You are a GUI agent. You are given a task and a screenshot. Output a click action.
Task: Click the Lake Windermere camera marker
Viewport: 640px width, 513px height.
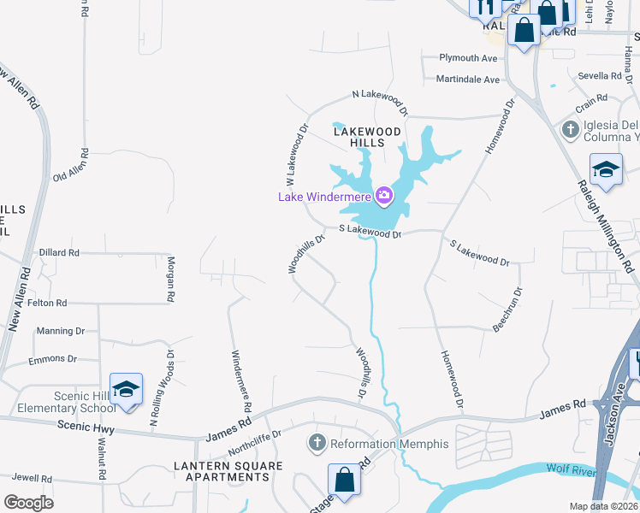coord(383,197)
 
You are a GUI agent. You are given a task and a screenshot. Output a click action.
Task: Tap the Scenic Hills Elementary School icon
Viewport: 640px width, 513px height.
coord(126,390)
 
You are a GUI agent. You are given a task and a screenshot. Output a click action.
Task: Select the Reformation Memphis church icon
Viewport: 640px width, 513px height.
coord(317,444)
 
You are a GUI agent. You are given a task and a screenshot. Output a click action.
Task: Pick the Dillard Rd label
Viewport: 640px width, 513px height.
coord(59,253)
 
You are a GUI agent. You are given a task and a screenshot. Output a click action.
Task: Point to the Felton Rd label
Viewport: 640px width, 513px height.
coord(48,304)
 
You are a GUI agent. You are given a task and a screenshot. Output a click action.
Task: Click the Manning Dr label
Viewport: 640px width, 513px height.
coord(60,331)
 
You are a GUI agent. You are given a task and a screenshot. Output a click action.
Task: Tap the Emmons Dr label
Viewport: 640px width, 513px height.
coord(52,360)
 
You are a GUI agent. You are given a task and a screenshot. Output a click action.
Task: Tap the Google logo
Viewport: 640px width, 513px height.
coord(28,503)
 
